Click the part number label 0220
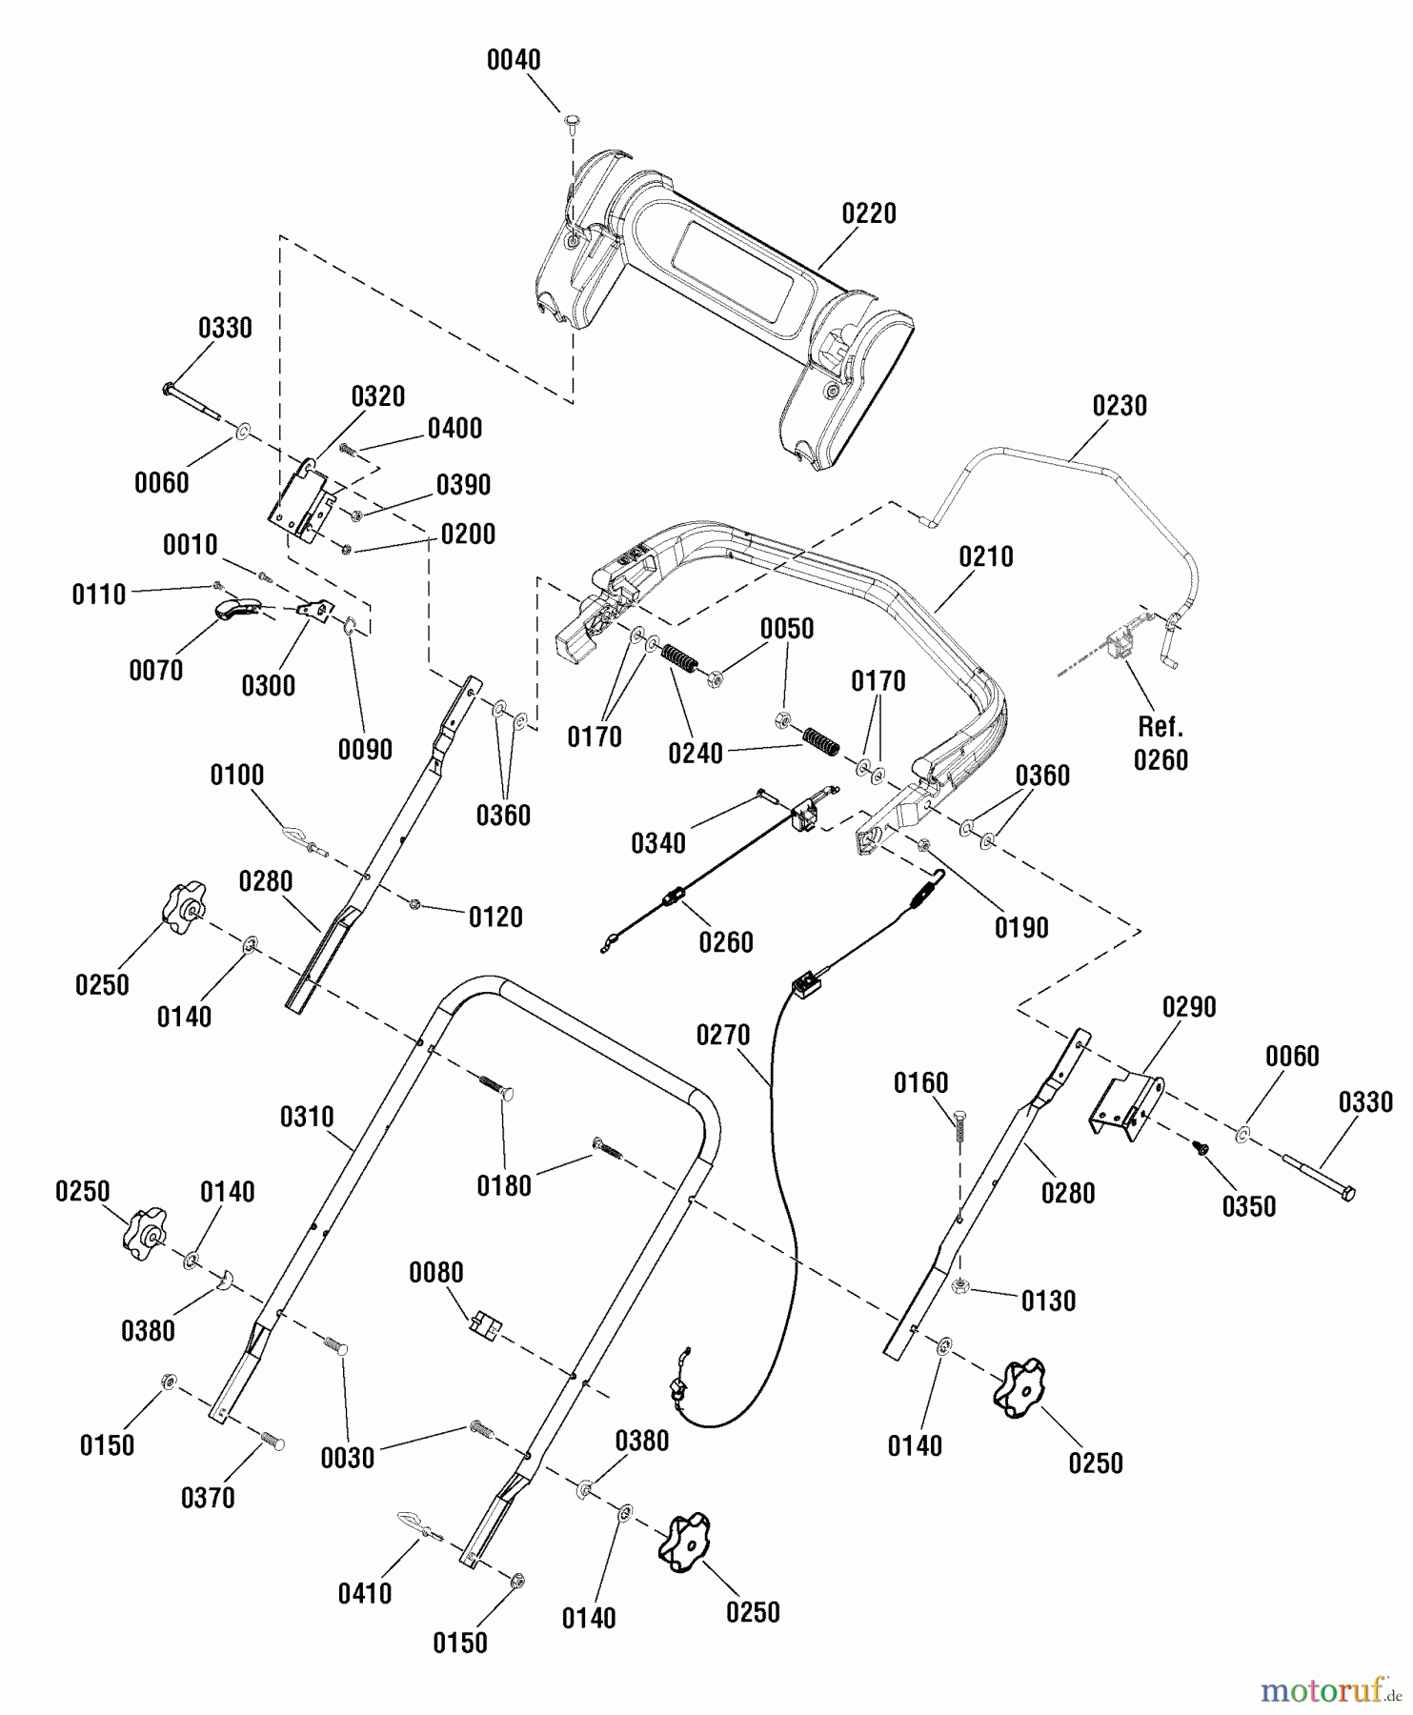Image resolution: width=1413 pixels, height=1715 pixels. [868, 212]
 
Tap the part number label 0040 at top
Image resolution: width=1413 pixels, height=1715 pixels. [514, 60]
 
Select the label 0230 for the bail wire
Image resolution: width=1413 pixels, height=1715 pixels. [1120, 406]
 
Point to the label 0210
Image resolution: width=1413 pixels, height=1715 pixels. [986, 556]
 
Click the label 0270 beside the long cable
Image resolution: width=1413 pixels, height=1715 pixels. [723, 1035]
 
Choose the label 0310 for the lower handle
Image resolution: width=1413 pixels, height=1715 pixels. [307, 1117]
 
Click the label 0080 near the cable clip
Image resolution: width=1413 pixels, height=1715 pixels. [436, 1273]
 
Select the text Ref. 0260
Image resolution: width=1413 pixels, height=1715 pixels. [1161, 743]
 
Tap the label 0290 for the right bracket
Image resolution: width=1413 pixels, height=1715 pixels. [1189, 1007]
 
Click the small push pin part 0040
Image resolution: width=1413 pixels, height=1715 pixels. [572, 120]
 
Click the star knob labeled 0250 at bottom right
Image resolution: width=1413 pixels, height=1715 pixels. [1019, 1387]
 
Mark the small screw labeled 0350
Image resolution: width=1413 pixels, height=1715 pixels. [1203, 1149]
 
